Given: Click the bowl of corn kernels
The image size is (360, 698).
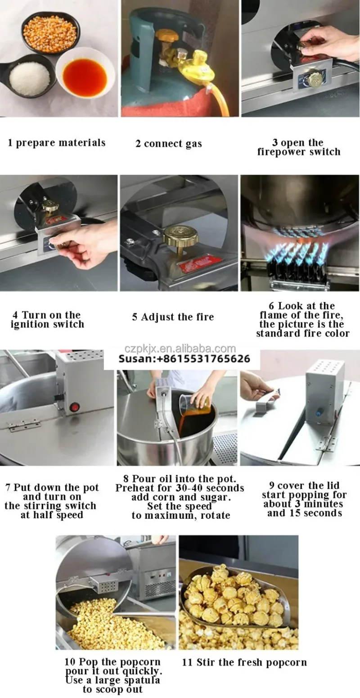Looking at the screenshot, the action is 50,32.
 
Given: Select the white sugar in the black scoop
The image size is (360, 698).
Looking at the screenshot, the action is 30,77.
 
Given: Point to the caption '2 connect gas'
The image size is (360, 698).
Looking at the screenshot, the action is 168,144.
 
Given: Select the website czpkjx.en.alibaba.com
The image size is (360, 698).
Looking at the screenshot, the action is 180,349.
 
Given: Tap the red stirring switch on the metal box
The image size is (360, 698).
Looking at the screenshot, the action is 75,407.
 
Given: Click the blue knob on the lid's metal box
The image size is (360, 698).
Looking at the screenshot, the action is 319,411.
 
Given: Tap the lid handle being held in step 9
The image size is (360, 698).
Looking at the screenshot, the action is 264,404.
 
